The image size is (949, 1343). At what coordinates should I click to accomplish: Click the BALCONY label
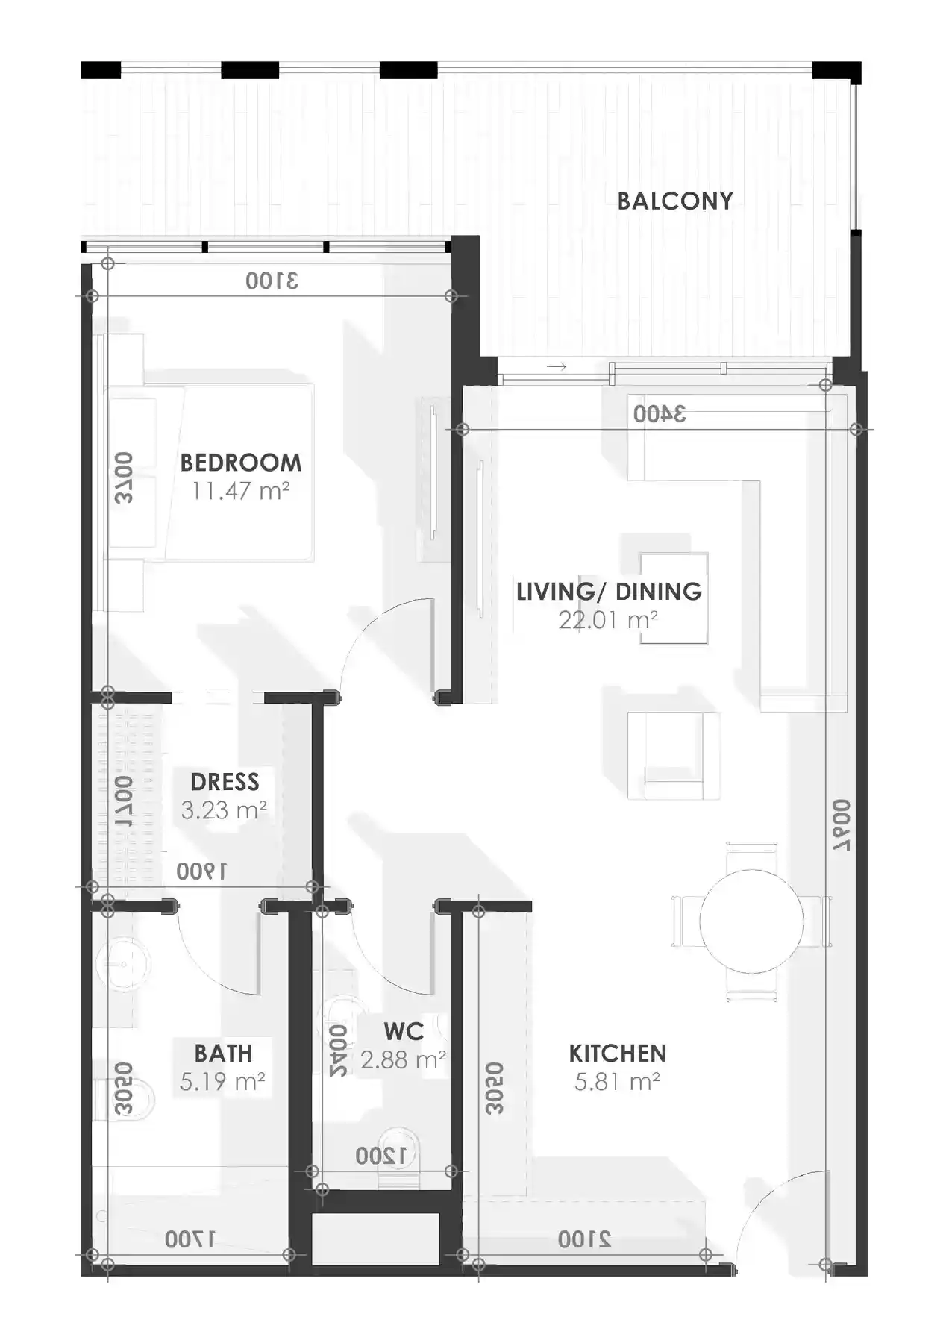[x=674, y=201]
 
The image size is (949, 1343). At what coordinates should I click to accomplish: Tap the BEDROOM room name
[x=241, y=463]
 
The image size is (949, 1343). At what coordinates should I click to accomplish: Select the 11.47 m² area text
[x=240, y=491]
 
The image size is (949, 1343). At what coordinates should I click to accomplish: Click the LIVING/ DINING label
[x=609, y=592]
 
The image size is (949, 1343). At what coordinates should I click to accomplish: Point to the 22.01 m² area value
[x=608, y=620]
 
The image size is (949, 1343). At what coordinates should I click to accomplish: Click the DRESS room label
[x=225, y=782]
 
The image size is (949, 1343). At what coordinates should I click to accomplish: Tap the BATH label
[x=223, y=1054]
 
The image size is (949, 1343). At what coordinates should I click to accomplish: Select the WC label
[x=404, y=1032]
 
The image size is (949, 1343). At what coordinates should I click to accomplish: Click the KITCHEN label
[x=617, y=1054]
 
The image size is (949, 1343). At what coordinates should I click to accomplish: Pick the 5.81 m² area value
[x=617, y=1082]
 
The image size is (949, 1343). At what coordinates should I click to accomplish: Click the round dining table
[x=751, y=921]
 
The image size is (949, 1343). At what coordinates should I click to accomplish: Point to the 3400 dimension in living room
[x=660, y=414]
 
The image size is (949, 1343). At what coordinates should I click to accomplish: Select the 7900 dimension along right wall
[x=842, y=826]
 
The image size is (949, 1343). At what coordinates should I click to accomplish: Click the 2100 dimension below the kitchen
[x=584, y=1240]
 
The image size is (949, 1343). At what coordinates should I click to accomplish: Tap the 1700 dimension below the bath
[x=190, y=1240]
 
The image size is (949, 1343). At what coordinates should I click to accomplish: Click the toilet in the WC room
[x=399, y=1156]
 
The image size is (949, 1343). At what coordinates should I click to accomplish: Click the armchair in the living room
[x=674, y=755]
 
